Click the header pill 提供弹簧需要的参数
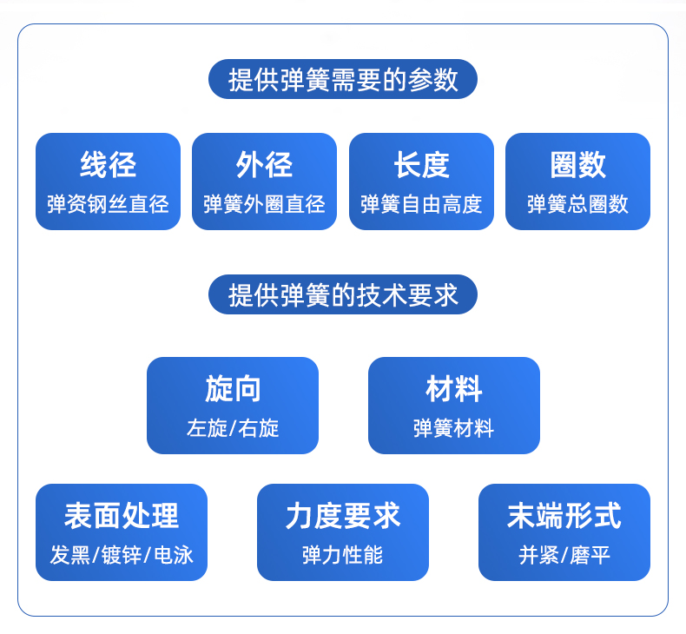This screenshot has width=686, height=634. click(x=342, y=79)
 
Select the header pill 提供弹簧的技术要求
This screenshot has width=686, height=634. click(x=342, y=294)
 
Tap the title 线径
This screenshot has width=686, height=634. click(x=108, y=164)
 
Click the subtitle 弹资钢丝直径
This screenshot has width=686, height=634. click(x=108, y=204)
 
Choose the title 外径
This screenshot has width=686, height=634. click(x=264, y=164)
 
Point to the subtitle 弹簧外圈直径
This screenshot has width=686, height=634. click(x=264, y=204)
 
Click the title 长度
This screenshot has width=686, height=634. click(x=421, y=164)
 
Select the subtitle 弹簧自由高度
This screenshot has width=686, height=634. click(x=421, y=204)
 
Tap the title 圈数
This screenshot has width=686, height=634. click(x=578, y=164)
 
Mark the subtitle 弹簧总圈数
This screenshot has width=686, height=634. click(x=578, y=204)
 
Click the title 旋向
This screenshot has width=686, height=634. click(x=233, y=388)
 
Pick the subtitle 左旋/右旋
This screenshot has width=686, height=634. click(x=233, y=428)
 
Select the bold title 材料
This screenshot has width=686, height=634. click(x=454, y=388)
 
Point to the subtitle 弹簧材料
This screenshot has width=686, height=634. click(x=454, y=428)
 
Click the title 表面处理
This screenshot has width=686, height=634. click(x=122, y=515)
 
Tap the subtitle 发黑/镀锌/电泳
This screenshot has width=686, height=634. click(x=122, y=555)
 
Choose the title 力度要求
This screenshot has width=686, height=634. click(x=343, y=515)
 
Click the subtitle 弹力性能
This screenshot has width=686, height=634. click(x=343, y=555)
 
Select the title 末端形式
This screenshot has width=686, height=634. click(x=564, y=515)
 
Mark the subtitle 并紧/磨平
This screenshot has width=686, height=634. click(x=564, y=555)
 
